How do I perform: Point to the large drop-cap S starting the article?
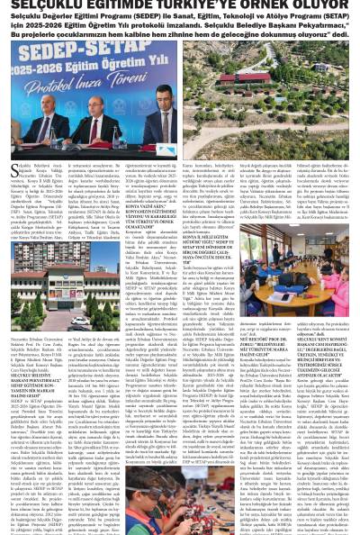point(16,171)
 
